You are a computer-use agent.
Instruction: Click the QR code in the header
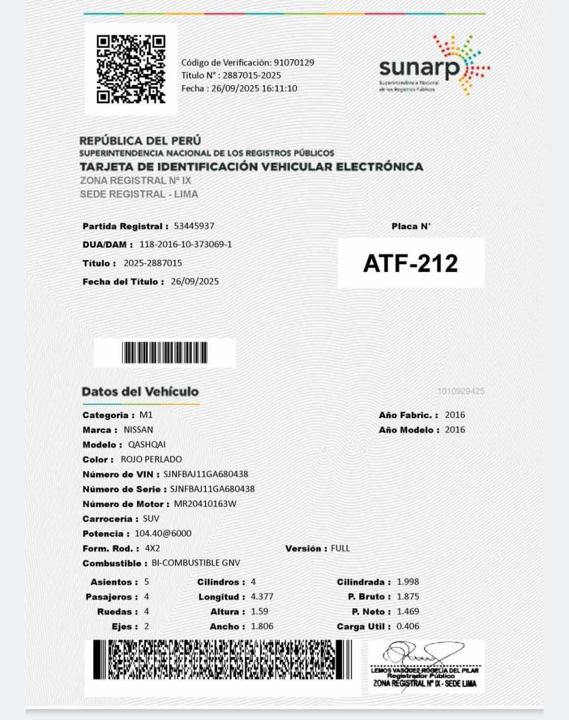[131, 68]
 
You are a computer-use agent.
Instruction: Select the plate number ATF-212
[410, 263]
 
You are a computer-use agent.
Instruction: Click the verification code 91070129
[294, 62]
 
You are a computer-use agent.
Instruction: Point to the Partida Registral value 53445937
[194, 226]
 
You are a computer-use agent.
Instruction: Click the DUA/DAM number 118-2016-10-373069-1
[186, 245]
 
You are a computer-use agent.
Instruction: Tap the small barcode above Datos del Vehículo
[164, 352]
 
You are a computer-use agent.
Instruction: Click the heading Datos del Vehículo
[140, 392]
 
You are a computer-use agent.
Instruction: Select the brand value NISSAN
[138, 430]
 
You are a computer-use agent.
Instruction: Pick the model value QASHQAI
[147, 445]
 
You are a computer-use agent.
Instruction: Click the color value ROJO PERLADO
[151, 460]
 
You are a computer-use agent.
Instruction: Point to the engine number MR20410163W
[205, 504]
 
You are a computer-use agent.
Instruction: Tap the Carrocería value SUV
[151, 518]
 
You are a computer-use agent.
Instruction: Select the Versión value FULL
[340, 548]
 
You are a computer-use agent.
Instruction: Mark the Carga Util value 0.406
[408, 626]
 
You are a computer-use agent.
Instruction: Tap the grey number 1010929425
[461, 392]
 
